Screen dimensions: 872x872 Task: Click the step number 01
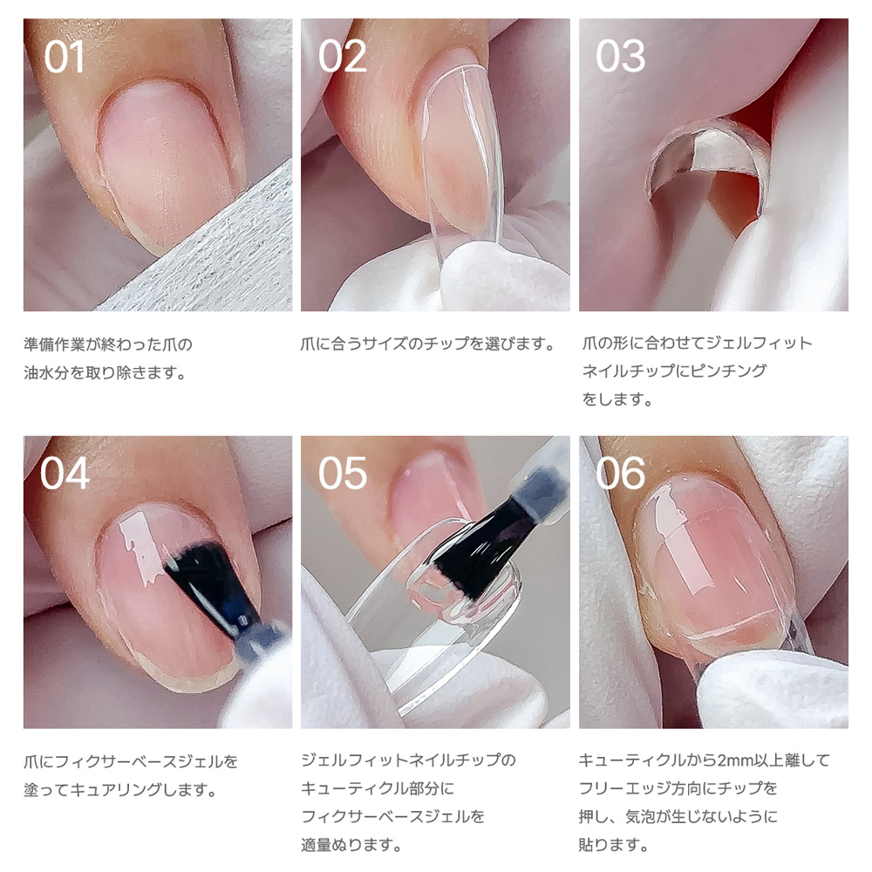[x=64, y=57]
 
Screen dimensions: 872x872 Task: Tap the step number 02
[x=342, y=56]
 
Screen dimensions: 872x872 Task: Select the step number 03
[x=620, y=56]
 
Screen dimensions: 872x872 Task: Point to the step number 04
[x=65, y=473]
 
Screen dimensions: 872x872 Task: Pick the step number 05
[x=342, y=473]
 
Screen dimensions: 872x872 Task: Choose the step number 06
[x=620, y=473]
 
